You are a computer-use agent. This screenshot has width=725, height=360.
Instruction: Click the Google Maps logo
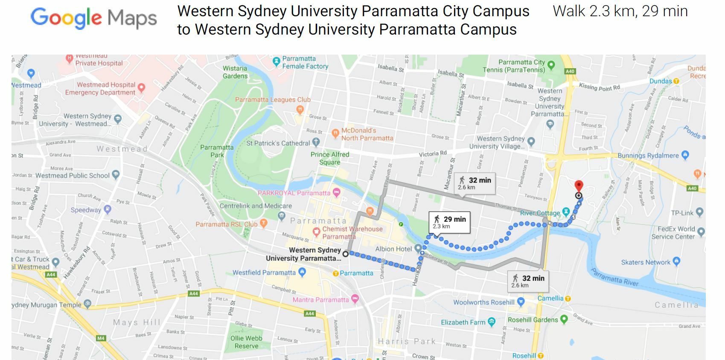(x=93, y=18)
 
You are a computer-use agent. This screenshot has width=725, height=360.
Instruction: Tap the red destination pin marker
(x=579, y=186)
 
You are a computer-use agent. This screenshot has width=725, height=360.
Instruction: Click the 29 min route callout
(x=449, y=222)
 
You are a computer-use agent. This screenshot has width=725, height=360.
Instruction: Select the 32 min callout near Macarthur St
(x=475, y=183)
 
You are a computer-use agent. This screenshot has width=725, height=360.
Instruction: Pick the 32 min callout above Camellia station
(x=528, y=281)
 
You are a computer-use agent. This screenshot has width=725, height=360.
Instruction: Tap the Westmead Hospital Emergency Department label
(x=100, y=89)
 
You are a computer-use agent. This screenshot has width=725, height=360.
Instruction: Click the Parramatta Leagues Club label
(x=273, y=100)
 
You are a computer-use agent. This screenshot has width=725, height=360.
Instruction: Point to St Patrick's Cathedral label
(x=278, y=143)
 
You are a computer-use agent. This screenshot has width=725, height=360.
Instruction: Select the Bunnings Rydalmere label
(x=648, y=156)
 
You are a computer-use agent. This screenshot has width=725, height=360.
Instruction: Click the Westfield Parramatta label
(x=264, y=273)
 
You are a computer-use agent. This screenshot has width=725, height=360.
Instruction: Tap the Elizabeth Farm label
(x=463, y=322)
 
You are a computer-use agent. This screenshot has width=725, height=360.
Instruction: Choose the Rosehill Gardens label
(x=533, y=320)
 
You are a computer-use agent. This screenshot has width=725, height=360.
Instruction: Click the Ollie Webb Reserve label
(x=246, y=342)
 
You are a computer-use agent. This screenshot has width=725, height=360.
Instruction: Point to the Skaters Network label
(x=646, y=262)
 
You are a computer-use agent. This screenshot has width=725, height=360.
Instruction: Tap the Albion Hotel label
(x=393, y=249)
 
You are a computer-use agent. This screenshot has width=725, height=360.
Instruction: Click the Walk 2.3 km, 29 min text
(x=620, y=12)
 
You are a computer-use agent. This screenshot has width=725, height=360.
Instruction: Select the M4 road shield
(x=101, y=338)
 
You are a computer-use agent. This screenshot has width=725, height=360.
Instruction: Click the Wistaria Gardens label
(x=235, y=72)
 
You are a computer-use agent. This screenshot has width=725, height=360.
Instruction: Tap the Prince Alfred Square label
(x=329, y=158)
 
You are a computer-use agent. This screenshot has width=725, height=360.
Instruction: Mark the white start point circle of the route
(x=346, y=254)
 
